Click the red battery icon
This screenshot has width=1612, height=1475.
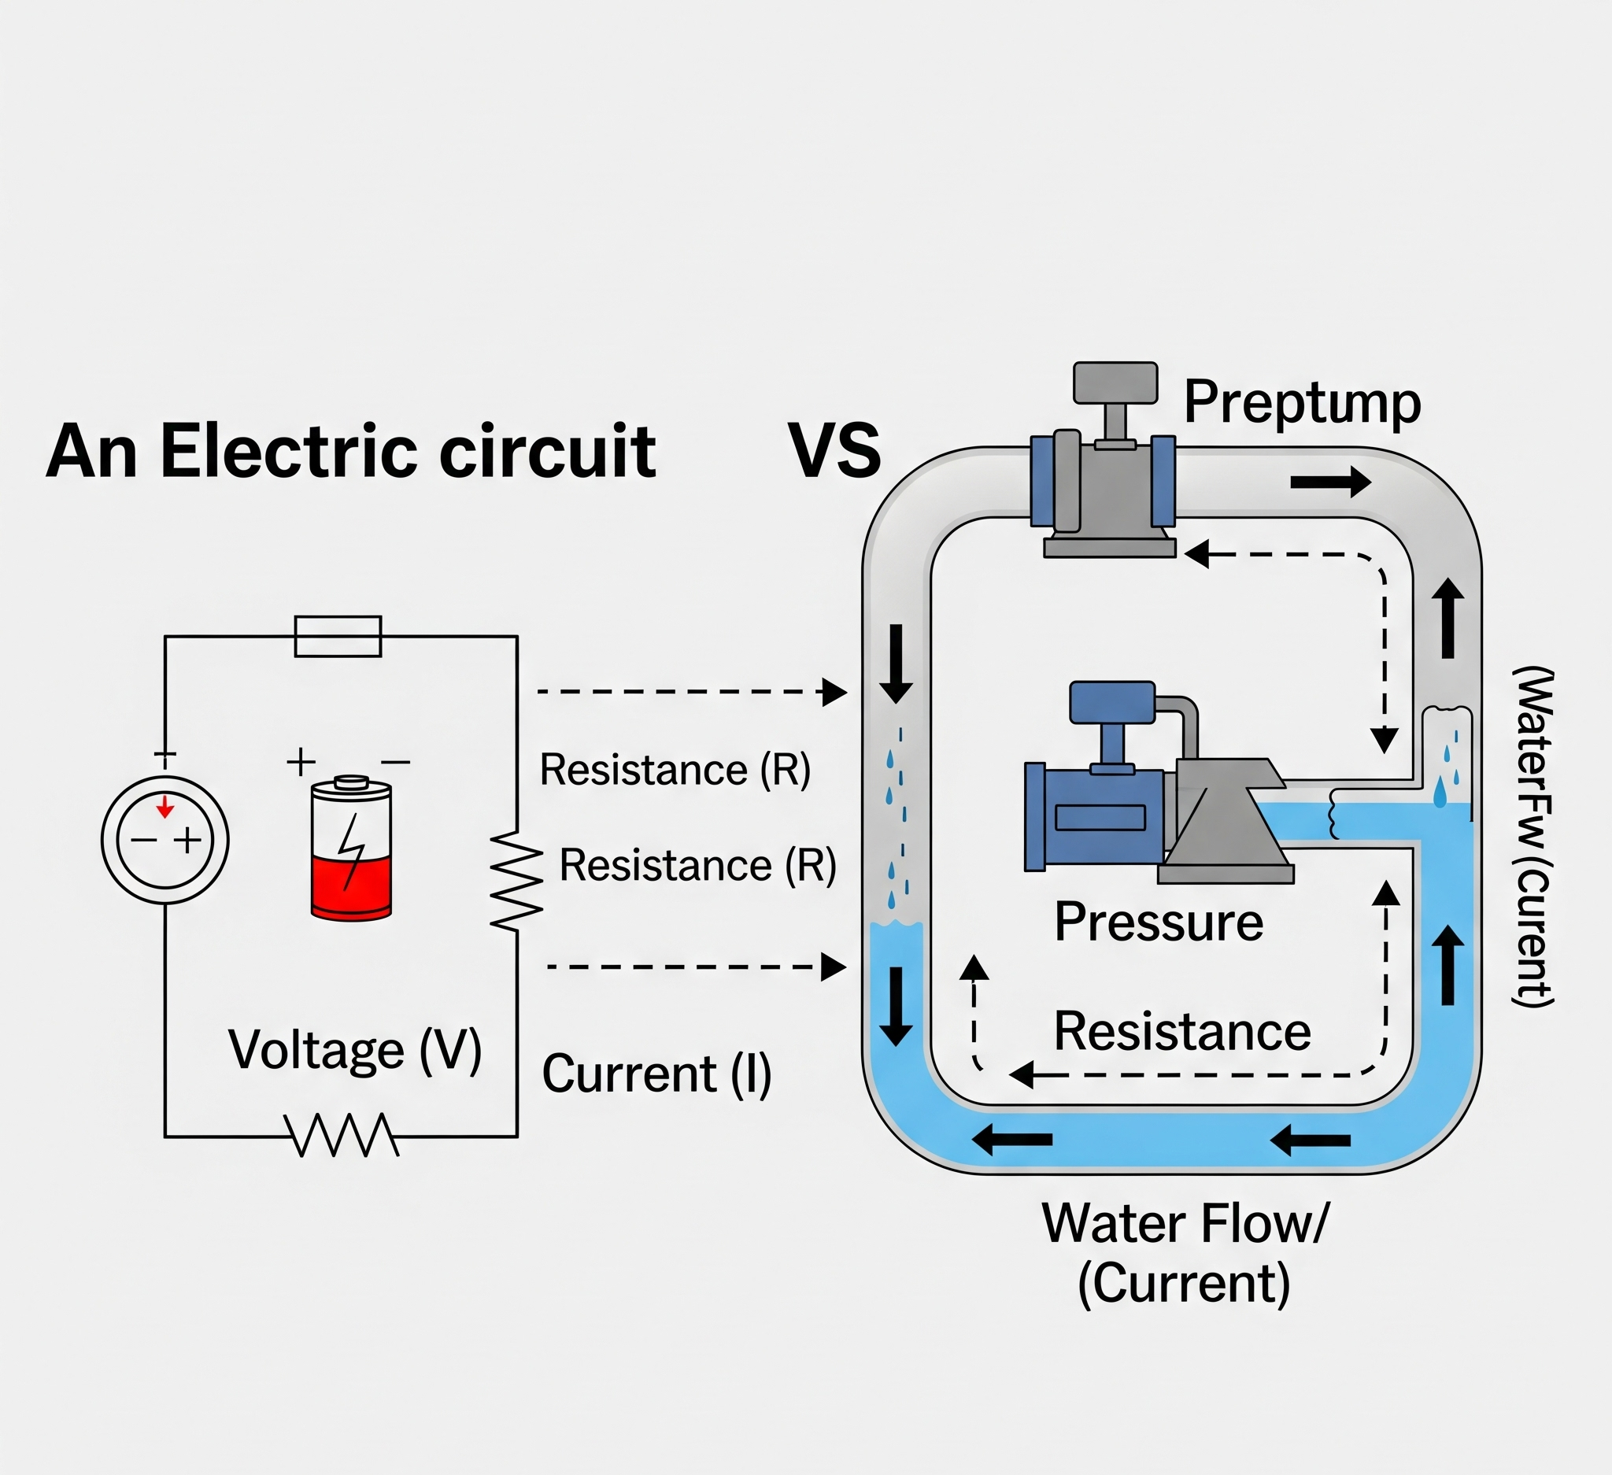[x=351, y=848]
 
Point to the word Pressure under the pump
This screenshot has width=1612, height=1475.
[x=1159, y=922]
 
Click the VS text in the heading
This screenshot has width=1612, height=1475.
[x=835, y=451]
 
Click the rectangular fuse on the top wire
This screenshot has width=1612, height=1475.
[x=338, y=637]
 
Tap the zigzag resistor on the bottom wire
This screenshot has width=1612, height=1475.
[x=342, y=1135]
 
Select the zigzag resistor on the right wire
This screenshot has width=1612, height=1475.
[x=516, y=879]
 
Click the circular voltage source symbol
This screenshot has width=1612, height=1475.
[x=165, y=840]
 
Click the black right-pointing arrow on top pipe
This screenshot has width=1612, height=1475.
[x=1330, y=481]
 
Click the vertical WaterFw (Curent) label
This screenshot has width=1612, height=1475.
[x=1532, y=836]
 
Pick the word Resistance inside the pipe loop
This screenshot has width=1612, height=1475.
[x=1181, y=1031]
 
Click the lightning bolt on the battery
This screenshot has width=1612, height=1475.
[x=350, y=852]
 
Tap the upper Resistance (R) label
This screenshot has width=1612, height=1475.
[x=675, y=770]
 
